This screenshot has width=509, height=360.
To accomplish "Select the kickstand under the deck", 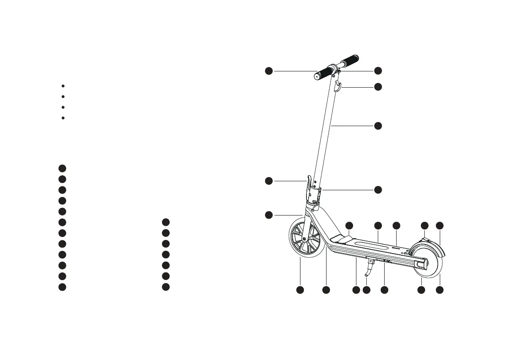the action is tap(368, 270).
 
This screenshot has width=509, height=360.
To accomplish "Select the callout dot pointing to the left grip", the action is tap(268, 71).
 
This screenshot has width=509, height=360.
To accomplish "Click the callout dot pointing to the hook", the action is tap(378, 87).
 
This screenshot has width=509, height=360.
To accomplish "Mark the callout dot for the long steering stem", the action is tap(378, 126).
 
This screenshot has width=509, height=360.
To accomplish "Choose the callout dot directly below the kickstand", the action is tap(366, 290).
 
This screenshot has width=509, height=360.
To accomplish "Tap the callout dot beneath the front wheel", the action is tap(300, 290).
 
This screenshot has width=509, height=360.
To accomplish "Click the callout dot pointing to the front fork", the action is tap(268, 214).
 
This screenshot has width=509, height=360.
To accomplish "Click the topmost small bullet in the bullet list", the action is tap(63, 86).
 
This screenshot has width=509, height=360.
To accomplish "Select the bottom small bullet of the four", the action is tap(63, 118).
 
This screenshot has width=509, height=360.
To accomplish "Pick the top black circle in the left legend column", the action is tap(62, 168).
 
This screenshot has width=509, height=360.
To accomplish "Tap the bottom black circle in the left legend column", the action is tap(62, 286).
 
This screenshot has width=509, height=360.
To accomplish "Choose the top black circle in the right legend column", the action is tap(166, 222).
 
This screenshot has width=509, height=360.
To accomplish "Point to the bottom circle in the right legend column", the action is tap(166, 286).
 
